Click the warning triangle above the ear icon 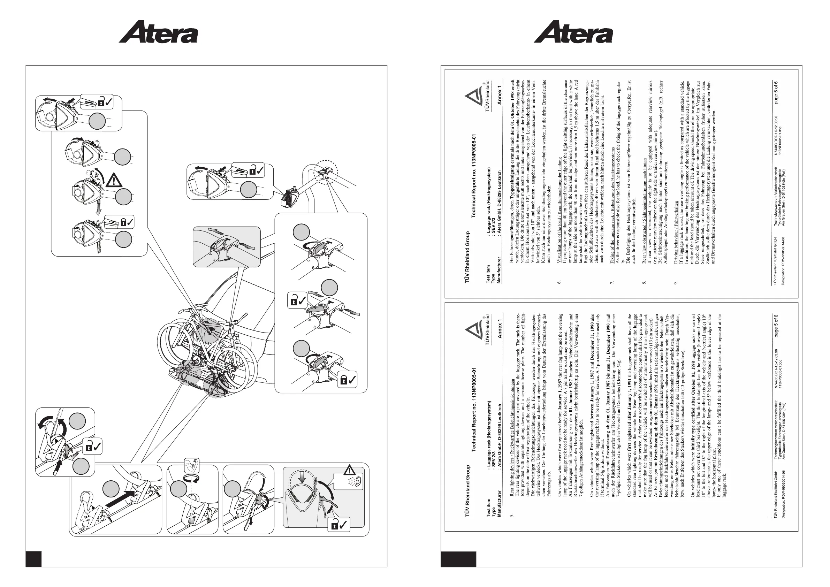point(350,470)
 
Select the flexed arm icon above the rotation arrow point(192,465)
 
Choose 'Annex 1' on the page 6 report point(500,95)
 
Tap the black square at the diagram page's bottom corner point(33,559)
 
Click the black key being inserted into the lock point(57,469)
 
